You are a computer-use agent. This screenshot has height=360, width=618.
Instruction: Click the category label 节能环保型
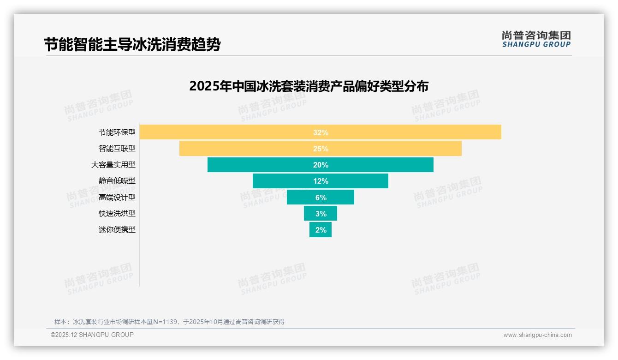tap(117, 132)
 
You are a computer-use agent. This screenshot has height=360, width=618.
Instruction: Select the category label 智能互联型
tap(117, 148)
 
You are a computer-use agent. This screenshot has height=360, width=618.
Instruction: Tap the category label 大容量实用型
tap(113, 164)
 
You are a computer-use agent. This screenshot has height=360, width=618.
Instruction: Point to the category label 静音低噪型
tap(117, 181)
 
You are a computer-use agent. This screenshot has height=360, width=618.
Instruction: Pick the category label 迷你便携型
tap(117, 229)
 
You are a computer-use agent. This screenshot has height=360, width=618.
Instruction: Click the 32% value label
tap(321, 132)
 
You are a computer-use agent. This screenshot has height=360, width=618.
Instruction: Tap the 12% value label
tap(321, 181)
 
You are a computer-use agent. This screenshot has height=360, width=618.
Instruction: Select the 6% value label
tap(321, 198)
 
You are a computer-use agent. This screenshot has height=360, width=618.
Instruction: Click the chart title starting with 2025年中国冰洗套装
tap(309, 86)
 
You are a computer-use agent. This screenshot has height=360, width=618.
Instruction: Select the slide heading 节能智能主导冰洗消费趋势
tap(132, 44)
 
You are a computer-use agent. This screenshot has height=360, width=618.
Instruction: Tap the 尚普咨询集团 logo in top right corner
tap(536, 39)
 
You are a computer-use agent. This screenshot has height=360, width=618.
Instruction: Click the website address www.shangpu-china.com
tap(537, 335)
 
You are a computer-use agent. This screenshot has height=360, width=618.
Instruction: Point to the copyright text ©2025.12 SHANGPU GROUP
tap(92, 335)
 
